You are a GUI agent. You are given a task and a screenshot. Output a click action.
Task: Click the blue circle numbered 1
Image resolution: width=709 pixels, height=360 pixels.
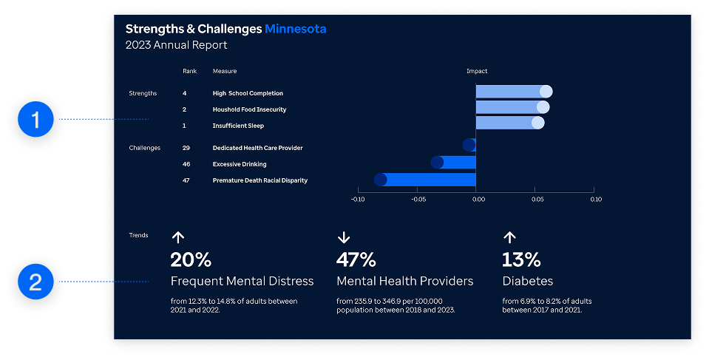click(37, 119)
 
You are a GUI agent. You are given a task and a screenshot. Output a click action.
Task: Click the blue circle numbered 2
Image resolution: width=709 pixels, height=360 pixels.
click(37, 282)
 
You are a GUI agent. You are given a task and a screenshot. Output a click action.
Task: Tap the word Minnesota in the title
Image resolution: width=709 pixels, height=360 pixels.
click(296, 29)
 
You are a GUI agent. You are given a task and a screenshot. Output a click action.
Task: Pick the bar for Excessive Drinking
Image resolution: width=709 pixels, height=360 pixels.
click(455, 163)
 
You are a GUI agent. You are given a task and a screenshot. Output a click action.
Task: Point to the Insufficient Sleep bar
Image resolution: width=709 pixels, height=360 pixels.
click(509, 123)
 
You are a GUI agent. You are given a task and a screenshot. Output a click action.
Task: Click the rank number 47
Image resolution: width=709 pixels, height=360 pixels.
click(186, 180)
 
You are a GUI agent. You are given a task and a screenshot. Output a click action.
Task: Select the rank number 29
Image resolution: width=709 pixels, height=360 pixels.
click(186, 148)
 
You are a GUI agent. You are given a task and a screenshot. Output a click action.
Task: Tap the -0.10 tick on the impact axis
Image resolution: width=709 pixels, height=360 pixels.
click(357, 200)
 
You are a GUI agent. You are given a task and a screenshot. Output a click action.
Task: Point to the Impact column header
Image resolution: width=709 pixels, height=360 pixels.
click(477, 71)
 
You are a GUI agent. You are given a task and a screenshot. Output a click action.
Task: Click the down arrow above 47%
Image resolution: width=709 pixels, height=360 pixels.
click(343, 237)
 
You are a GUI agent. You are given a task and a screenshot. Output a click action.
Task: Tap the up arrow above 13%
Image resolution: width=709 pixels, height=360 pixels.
click(509, 237)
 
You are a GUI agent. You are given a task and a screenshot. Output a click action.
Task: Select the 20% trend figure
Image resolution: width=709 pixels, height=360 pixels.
click(191, 259)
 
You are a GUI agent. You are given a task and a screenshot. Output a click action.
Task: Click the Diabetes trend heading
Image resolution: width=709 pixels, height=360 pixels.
click(527, 281)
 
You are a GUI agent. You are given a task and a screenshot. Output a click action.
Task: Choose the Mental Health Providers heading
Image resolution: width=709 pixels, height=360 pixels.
click(404, 281)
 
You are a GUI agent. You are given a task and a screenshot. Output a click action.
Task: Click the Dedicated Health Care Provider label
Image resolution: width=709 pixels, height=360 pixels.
click(257, 148)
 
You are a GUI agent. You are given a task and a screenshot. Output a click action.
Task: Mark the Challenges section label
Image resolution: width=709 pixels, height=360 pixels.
click(144, 148)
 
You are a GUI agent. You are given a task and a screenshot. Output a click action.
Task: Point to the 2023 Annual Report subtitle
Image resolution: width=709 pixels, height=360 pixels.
click(176, 45)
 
